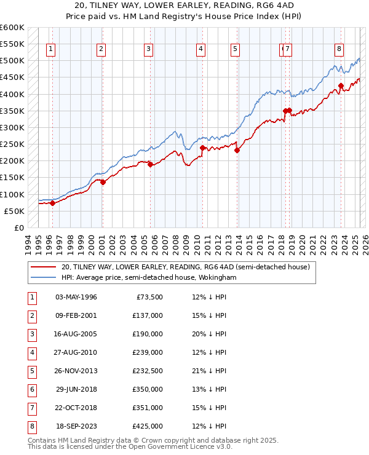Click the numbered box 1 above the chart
click(x=50, y=50)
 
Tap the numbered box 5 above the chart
click(x=236, y=50)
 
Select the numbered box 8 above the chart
click(x=339, y=50)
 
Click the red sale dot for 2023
click(x=341, y=85)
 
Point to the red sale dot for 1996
click(x=52, y=203)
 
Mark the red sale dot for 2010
click(x=202, y=148)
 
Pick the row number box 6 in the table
click(x=31, y=390)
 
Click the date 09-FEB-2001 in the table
click(x=76, y=317)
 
